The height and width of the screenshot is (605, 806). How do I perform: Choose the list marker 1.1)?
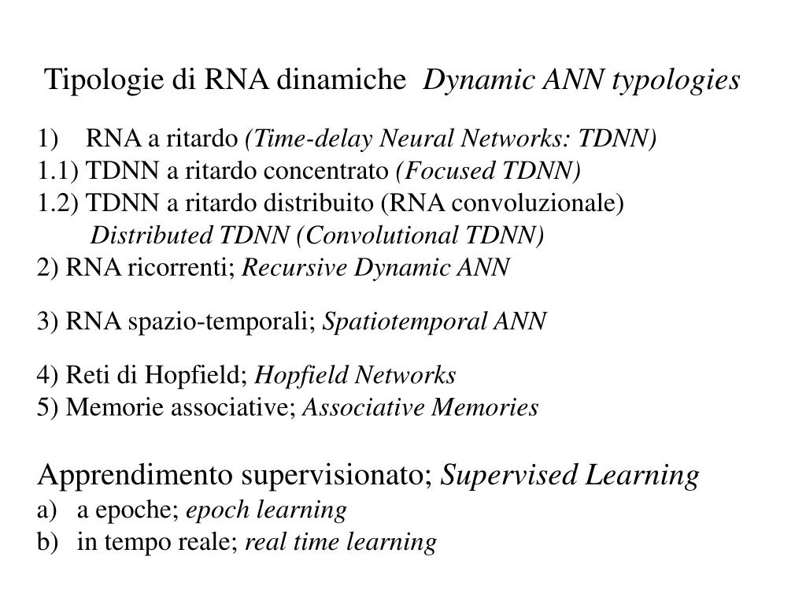tap(58, 171)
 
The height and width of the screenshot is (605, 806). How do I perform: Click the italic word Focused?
tap(436, 171)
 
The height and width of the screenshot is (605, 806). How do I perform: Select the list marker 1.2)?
tap(58, 203)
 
